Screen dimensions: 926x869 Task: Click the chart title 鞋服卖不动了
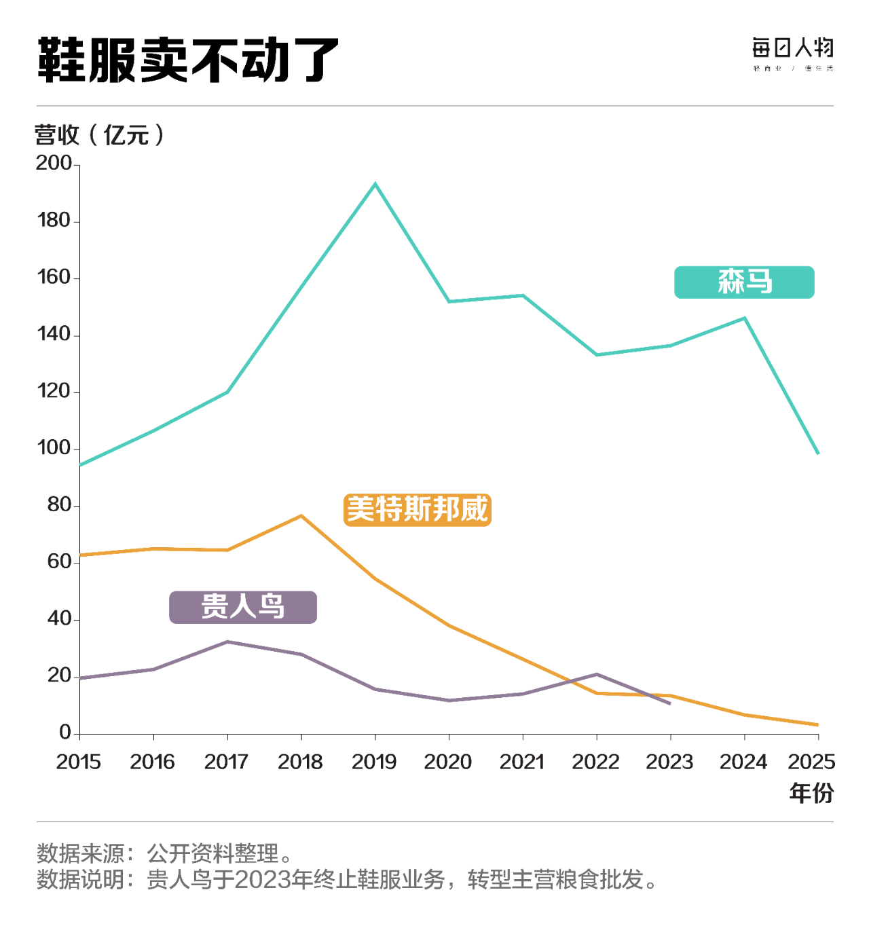188,61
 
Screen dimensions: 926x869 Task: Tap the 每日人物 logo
792,54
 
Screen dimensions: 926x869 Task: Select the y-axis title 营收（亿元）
99,135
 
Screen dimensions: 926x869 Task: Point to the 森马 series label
744,282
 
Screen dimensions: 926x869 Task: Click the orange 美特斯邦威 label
418,510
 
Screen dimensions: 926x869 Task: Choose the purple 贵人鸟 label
243,607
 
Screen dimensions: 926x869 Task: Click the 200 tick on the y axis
54,164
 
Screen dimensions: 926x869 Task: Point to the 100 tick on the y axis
54,448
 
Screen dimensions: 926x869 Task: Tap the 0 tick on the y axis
65,733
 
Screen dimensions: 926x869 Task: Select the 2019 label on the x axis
374,762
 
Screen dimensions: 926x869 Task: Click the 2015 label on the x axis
79,762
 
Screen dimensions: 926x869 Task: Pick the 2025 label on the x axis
811,762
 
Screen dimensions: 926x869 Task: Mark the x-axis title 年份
811,793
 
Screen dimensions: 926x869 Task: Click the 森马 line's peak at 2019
375,184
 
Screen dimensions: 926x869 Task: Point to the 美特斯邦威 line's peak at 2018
301,516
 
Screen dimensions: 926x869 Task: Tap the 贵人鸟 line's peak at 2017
227,642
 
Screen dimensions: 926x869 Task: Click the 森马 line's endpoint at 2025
818,453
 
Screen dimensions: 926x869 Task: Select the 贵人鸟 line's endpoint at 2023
670,703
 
